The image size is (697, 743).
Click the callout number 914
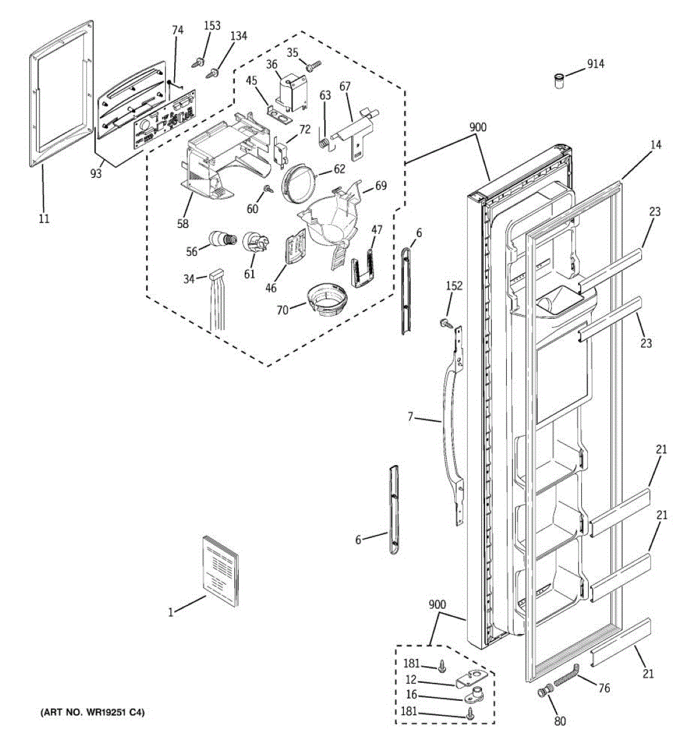click(x=595, y=64)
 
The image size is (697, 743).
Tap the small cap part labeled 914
click(x=559, y=81)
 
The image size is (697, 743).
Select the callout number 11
click(x=44, y=218)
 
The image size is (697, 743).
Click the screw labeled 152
click(x=444, y=323)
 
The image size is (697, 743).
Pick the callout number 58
click(x=183, y=224)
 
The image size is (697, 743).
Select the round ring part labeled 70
click(x=325, y=300)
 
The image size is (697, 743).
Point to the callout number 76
click(x=604, y=688)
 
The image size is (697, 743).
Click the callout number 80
click(x=560, y=721)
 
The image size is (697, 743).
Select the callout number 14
click(x=655, y=145)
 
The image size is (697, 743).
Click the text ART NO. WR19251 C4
click(x=92, y=713)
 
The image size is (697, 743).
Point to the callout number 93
click(x=95, y=174)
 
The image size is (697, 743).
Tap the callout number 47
click(x=377, y=230)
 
